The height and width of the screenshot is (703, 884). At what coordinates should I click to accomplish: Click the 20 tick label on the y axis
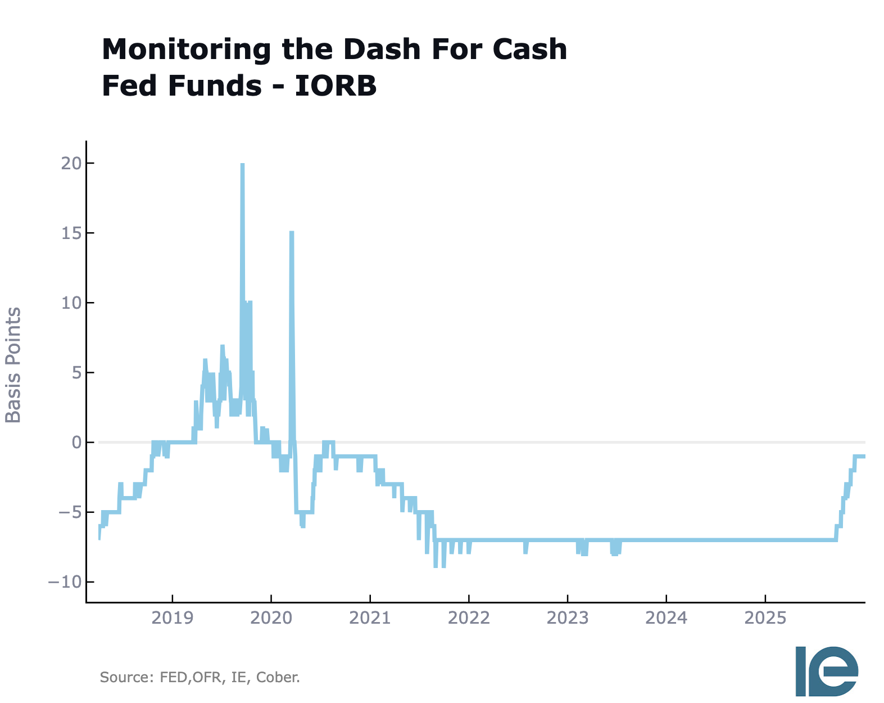click(71, 163)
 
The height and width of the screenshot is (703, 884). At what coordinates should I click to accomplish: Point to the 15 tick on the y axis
click(71, 233)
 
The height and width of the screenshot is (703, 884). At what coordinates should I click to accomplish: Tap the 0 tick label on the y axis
click(76, 443)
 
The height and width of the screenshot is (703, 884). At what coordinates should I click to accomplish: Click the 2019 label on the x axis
click(173, 618)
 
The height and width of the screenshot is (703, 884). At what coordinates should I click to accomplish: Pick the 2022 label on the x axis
click(469, 618)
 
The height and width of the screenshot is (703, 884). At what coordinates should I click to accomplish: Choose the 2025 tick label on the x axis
click(765, 618)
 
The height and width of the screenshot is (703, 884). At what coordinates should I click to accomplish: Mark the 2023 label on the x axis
click(568, 618)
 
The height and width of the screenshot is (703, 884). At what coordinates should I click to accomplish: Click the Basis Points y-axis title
click(13, 365)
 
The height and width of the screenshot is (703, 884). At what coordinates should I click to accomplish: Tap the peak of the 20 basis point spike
click(242, 164)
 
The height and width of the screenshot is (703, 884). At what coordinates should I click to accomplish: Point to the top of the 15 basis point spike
click(292, 232)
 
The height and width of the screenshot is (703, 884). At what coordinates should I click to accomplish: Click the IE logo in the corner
click(827, 670)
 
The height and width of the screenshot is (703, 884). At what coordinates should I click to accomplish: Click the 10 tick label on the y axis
click(71, 303)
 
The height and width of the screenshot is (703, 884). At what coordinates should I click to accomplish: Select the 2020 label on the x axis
click(271, 618)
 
